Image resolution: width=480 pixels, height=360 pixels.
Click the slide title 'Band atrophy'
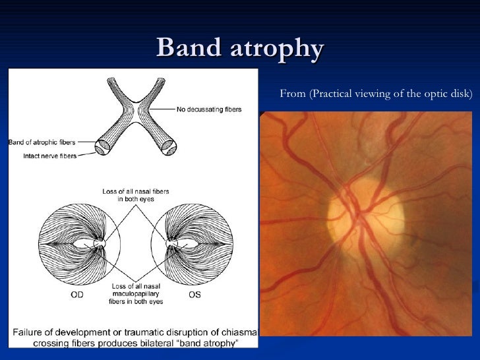point(240,48)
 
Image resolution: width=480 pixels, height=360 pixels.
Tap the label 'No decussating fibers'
point(208,109)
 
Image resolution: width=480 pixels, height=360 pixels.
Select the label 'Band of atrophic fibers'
point(42,142)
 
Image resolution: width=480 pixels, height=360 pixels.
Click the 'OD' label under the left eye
point(77,295)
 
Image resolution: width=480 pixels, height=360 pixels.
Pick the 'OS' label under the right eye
point(195,295)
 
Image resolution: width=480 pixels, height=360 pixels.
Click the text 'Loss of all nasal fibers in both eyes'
point(135,195)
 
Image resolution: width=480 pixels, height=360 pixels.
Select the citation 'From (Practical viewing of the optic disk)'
point(376,94)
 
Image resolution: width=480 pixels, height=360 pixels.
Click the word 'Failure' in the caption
point(26,330)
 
